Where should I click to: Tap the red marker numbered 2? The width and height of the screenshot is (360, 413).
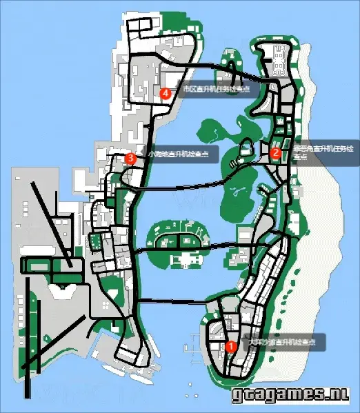coord(274,153)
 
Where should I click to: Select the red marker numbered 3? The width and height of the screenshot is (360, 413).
coord(130,158)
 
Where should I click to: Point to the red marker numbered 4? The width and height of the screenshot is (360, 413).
coord(165,93)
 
